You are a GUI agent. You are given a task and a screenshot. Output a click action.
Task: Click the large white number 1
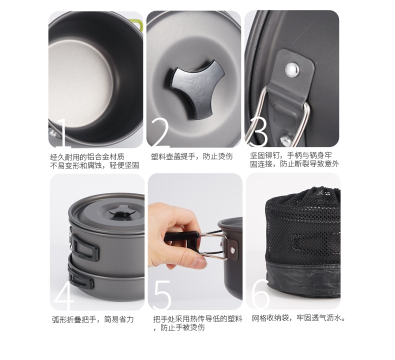click(x=63, y=133)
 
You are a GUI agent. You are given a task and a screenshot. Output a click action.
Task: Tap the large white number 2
click(x=160, y=133)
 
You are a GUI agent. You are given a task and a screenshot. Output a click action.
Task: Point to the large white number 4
click(x=64, y=295)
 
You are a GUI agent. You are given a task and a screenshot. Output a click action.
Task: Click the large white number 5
click(x=162, y=295)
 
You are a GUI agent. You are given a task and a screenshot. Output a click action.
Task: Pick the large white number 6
click(x=260, y=295)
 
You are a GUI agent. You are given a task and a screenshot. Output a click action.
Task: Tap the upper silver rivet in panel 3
click(x=292, y=69)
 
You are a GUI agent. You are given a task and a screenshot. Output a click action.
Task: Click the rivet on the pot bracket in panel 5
click(x=232, y=250)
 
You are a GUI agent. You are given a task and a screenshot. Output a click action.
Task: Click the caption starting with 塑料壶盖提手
click(x=191, y=156)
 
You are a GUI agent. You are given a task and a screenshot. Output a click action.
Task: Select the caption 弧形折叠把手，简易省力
click(x=92, y=319)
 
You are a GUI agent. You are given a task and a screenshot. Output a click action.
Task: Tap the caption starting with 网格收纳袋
click(x=298, y=318)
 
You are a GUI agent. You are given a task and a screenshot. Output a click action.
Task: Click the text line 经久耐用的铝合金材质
click(x=87, y=157)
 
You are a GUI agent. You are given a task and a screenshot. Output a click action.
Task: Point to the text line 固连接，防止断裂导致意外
click(x=294, y=164)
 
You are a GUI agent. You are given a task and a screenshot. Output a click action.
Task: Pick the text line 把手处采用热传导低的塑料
click(x=197, y=318)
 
